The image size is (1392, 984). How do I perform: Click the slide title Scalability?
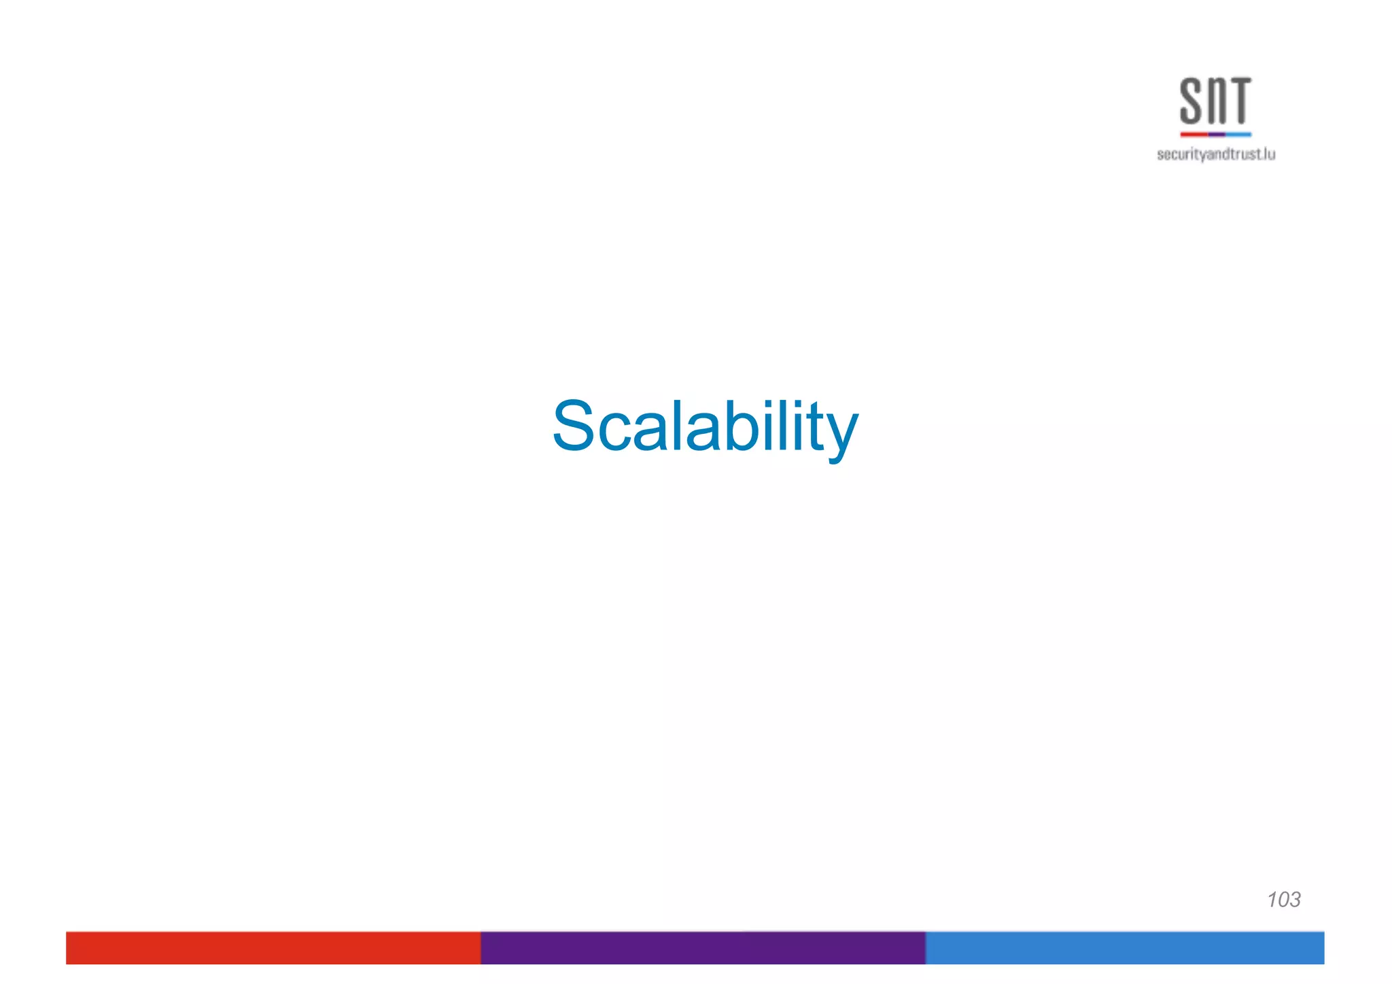click(x=705, y=426)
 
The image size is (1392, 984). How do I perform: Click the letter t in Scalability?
click(x=812, y=428)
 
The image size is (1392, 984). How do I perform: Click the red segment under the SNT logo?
click(x=1194, y=135)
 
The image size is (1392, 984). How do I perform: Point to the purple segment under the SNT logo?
click(x=1217, y=135)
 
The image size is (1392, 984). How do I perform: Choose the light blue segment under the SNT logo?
click(x=1238, y=135)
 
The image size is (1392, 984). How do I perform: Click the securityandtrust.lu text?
click(x=1215, y=155)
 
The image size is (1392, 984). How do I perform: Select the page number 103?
click(x=1283, y=899)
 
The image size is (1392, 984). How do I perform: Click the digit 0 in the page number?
click(x=1283, y=899)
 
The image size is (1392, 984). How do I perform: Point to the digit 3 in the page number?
click(x=1294, y=899)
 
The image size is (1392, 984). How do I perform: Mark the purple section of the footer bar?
click(x=703, y=947)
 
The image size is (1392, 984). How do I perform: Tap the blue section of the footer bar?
click(x=1124, y=947)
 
